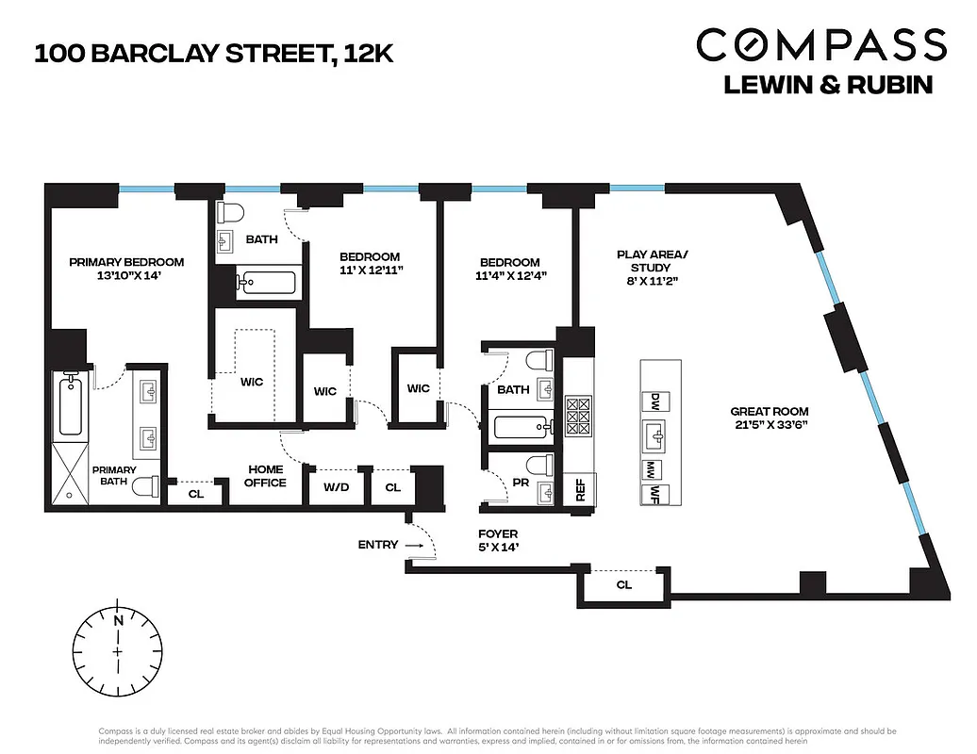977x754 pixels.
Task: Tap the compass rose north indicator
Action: [118, 621]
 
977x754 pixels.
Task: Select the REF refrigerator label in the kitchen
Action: [579, 491]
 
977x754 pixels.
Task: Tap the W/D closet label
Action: [335, 488]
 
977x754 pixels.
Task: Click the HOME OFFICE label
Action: [266, 476]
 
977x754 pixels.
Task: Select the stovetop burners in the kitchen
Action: [577, 415]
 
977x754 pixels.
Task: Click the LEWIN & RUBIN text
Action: [828, 85]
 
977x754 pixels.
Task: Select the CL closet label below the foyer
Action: [624, 585]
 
